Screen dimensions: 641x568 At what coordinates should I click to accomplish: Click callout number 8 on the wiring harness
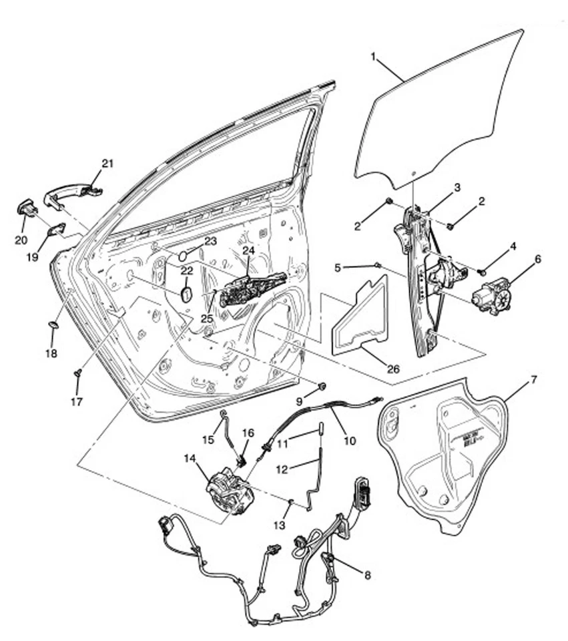(x=366, y=574)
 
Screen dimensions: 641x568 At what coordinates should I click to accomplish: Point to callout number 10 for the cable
(x=350, y=441)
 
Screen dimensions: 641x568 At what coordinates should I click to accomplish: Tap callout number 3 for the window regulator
(x=457, y=188)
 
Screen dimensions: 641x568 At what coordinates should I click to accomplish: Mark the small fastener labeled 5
(x=378, y=265)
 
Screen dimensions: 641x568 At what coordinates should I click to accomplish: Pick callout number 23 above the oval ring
(x=210, y=241)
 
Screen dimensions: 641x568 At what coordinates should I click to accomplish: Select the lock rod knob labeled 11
(x=321, y=427)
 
